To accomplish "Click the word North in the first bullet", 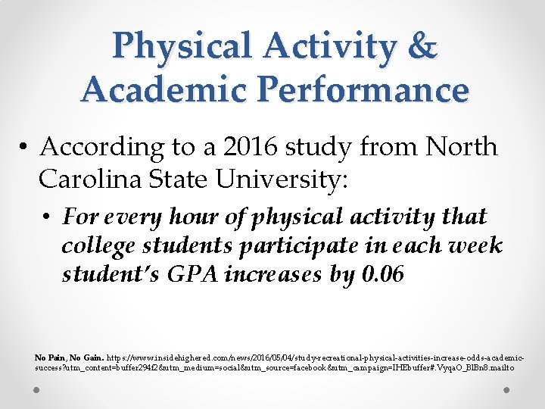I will (x=461, y=147).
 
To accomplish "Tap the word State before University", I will (x=185, y=180).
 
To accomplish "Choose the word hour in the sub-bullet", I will (x=168, y=218).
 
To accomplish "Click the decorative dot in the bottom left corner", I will (x=36, y=390).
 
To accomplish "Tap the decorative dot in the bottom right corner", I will (x=509, y=390).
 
